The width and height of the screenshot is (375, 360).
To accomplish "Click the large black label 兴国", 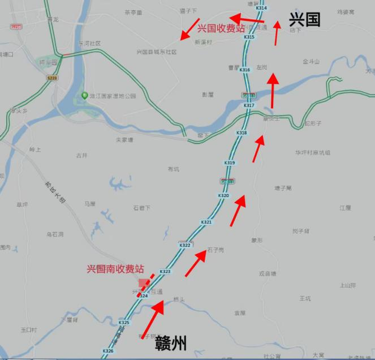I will [x=304, y=19].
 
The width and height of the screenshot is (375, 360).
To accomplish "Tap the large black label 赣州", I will [x=169, y=342].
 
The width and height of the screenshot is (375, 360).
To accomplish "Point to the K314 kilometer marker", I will [x=261, y=8].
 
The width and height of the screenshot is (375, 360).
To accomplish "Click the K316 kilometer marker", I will [x=244, y=70].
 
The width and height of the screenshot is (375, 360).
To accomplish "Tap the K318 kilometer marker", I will [x=242, y=133].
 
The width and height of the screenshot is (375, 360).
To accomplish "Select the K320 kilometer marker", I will [x=223, y=195].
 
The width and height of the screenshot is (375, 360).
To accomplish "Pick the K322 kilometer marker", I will [x=185, y=245].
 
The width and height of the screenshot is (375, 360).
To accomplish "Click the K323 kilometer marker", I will [x=165, y=272].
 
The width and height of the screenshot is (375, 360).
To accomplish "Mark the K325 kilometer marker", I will [x=124, y=323].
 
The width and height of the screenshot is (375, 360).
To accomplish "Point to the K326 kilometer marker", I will [x=108, y=351].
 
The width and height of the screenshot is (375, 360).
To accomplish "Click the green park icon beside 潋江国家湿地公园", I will [x=84, y=96].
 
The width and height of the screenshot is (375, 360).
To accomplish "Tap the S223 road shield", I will [x=53, y=78].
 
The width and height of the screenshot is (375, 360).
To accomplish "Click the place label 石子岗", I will [x=215, y=250].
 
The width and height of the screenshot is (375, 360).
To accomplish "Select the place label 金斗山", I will [x=311, y=61].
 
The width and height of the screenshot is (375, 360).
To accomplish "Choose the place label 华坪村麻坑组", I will [x=312, y=153].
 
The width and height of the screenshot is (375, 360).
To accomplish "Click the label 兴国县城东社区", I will [x=157, y=52].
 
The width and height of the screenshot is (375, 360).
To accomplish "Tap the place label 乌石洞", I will [x=55, y=234].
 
